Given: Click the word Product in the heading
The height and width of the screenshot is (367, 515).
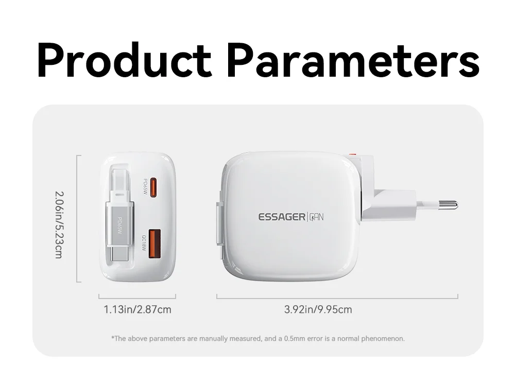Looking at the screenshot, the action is pos(125,60).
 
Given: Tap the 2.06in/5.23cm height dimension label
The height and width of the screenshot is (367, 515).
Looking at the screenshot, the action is pos(59,225).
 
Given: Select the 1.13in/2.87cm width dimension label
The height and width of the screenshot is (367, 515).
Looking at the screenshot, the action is pos(138,309).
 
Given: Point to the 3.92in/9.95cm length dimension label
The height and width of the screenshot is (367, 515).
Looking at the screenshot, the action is pos(318,309).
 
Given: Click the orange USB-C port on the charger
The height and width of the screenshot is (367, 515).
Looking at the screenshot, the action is pos(153,188).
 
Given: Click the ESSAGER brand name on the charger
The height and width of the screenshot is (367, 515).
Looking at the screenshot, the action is pos(282,217).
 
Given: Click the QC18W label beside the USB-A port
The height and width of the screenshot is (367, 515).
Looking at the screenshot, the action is pos(144,243).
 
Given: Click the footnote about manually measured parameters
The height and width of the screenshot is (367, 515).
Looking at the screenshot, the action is pos(258,339).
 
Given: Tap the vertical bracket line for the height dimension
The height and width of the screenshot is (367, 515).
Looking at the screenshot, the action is pos(77,219).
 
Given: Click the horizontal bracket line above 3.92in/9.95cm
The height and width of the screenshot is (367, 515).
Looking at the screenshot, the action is pos(337,299).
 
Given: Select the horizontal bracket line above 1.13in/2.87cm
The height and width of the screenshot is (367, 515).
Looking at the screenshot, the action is pos(138,299).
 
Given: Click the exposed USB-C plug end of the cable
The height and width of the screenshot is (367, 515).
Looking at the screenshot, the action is pos(119,253).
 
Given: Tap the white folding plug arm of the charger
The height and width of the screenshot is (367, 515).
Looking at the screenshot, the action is pos(389,204).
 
